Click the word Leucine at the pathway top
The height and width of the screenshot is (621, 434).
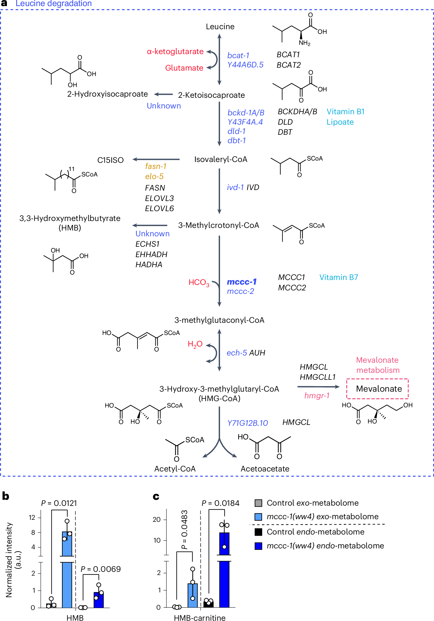220,27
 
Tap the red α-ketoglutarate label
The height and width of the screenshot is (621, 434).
175,51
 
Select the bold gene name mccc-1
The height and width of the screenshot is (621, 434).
242,282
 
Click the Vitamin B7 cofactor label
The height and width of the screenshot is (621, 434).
338,277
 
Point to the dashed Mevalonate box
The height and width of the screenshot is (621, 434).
377,389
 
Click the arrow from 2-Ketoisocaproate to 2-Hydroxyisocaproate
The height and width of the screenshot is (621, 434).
163,94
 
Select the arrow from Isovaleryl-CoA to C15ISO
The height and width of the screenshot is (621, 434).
156,159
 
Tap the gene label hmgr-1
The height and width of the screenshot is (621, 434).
317,395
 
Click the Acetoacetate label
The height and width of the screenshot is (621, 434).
265,469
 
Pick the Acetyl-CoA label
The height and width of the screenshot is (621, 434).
175,469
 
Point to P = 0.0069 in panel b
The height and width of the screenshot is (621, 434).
100,569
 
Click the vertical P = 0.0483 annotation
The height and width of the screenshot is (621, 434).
185,530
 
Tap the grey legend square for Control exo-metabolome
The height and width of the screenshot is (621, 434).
258,503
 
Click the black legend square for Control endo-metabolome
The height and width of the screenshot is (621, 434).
258,532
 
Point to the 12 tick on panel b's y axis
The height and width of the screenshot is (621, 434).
32,517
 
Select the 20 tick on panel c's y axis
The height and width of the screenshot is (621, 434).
157,519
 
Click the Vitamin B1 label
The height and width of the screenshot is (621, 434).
345,112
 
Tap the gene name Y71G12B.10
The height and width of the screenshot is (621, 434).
247,423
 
